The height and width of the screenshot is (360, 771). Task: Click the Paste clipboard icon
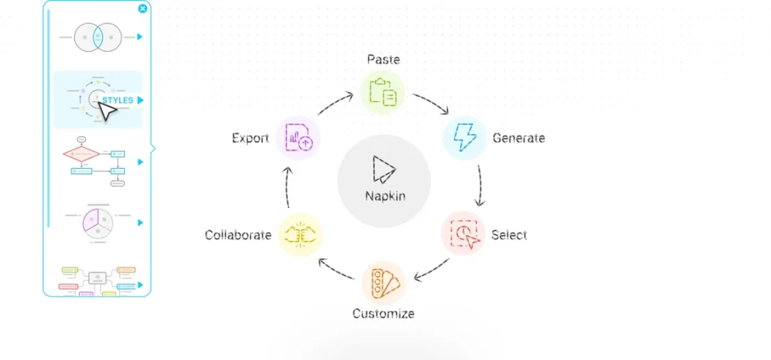click(382, 91)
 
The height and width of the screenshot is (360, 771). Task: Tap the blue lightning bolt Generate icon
click(465, 137)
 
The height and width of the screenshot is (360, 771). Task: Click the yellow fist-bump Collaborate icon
click(300, 235)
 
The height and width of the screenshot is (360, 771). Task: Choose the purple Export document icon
click(298, 137)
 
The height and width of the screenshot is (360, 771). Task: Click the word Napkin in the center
click(385, 196)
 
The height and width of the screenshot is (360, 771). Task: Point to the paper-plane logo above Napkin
click(383, 169)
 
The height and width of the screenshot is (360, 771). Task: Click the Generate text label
click(519, 138)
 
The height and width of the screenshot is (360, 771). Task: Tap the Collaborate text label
click(238, 235)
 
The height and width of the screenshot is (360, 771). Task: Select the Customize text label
click(383, 313)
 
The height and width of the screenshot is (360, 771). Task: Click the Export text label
click(250, 138)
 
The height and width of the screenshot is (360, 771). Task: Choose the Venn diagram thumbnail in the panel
click(98, 37)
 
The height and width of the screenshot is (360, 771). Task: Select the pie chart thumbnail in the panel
click(99, 223)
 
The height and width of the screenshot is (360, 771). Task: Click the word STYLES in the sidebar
click(117, 100)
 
